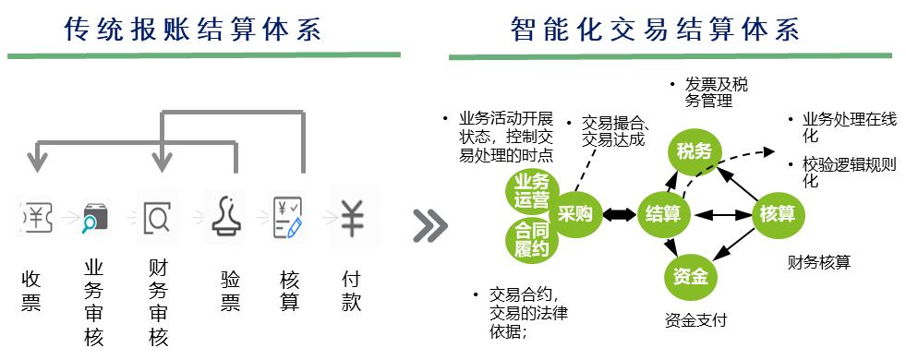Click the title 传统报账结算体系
pyautogui.click(x=193, y=30)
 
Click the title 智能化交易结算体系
pyautogui.click(x=655, y=30)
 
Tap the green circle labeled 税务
pyautogui.click(x=694, y=151)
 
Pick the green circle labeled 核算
pyautogui.click(x=778, y=214)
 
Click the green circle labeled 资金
pyautogui.click(x=690, y=275)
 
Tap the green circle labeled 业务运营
pyautogui.click(x=531, y=190)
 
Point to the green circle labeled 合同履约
pyautogui.click(x=531, y=239)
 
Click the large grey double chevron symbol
pyautogui.click(x=429, y=223)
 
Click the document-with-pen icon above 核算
pyautogui.click(x=288, y=218)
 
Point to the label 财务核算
pyautogui.click(x=818, y=263)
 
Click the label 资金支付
pyautogui.click(x=695, y=321)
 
